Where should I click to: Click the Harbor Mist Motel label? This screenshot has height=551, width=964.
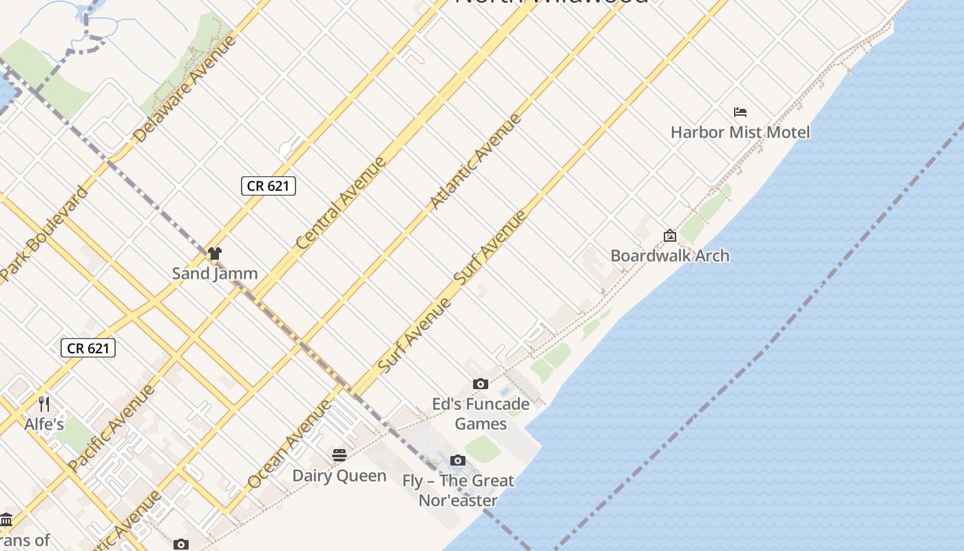740,132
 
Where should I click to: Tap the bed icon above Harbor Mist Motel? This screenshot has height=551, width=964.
740,112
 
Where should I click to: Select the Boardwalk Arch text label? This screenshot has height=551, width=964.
670,256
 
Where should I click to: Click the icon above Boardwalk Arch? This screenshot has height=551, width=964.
670,236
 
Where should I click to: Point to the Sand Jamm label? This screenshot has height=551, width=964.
215,273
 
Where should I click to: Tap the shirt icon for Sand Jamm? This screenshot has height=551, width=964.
215,253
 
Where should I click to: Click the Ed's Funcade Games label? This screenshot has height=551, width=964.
481,413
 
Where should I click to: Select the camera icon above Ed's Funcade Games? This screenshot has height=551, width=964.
481,384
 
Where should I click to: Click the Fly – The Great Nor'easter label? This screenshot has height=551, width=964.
458,490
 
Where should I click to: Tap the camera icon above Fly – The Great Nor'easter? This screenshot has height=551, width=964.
458,460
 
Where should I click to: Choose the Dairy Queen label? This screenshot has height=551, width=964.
339,475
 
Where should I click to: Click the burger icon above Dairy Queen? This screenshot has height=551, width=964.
339,455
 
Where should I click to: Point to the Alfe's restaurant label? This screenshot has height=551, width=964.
44,424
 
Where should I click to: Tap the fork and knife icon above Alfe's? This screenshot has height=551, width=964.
44,403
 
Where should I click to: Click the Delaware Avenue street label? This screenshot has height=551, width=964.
185,88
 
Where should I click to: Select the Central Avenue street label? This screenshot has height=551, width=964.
342,203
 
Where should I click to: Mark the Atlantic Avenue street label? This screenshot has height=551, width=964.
475,161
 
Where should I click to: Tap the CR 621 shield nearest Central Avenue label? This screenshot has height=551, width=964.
269,185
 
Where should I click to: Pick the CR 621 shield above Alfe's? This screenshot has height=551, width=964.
88,348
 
